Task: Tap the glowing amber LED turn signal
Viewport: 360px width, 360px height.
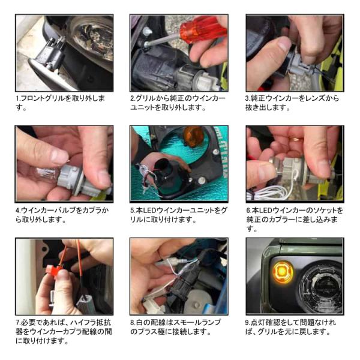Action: click(282, 272)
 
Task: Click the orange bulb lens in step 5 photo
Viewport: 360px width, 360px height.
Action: click(193, 136)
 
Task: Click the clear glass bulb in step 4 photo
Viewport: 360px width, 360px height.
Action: click(46, 174)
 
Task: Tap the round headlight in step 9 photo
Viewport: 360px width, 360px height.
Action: click(321, 287)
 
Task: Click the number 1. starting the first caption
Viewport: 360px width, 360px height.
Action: click(18, 99)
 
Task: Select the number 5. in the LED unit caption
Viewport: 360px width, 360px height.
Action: click(133, 211)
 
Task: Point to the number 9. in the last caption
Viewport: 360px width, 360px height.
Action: click(248, 323)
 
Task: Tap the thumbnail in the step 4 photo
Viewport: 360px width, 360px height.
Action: click(59, 157)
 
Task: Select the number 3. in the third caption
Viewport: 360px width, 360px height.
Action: click(247, 99)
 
